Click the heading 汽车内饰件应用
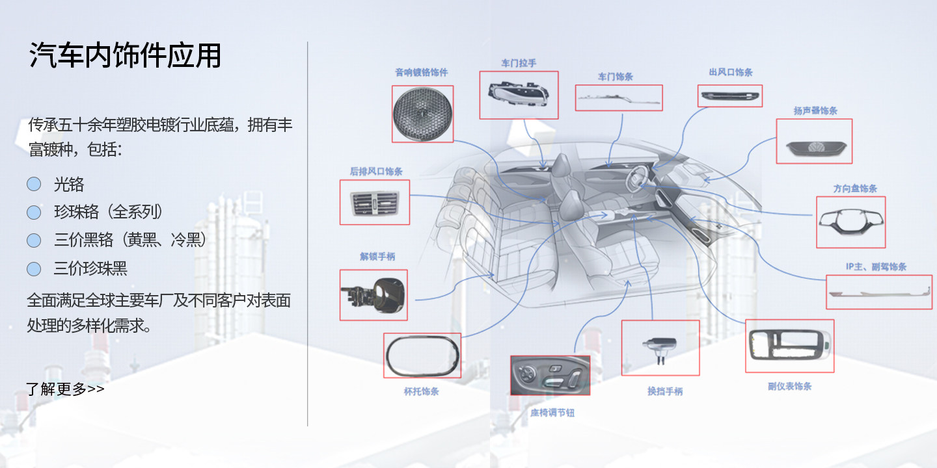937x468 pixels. pos(125,56)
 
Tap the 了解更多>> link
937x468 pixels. pos(65,389)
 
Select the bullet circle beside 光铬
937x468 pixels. pos(34,185)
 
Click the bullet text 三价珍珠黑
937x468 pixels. pos(90,268)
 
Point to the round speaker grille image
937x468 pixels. pos(422,114)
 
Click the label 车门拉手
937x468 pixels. pos(519,63)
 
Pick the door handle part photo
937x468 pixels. pos(519,95)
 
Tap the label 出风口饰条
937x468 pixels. pos(731,72)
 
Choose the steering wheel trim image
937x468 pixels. pos(851,222)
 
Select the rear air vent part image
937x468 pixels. pos(375,203)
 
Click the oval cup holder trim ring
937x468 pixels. pos(422,356)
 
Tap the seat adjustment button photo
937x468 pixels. pos(550,375)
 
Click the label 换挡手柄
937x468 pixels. pos(664,392)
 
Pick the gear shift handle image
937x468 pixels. pos(660,348)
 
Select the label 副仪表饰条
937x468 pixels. pos(789,386)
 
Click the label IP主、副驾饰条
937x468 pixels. pos(876,267)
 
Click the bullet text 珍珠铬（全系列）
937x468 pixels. pos(109,212)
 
